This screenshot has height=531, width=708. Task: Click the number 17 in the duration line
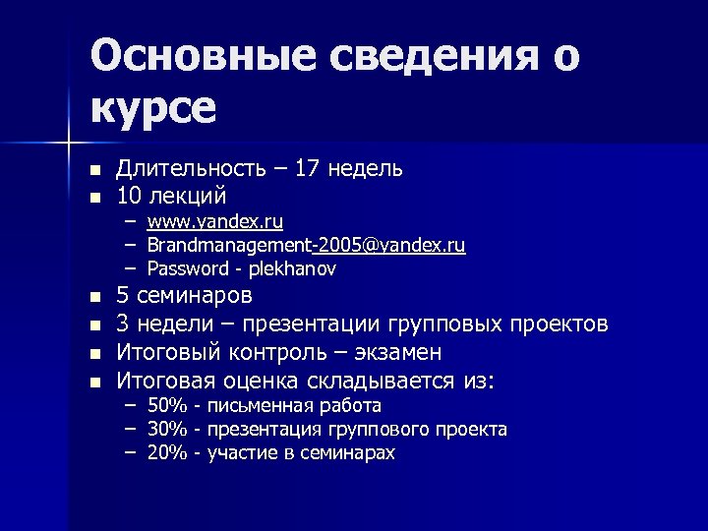coord(310,168)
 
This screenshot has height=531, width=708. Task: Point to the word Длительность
coord(190,168)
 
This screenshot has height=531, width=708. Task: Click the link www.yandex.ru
coord(215,223)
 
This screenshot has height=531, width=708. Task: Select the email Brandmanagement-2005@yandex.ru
coord(307,245)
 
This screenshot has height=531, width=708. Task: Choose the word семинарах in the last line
coord(348,453)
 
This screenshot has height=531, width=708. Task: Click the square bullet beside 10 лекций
coord(94,197)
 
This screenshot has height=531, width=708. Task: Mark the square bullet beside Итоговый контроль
coord(94,353)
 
